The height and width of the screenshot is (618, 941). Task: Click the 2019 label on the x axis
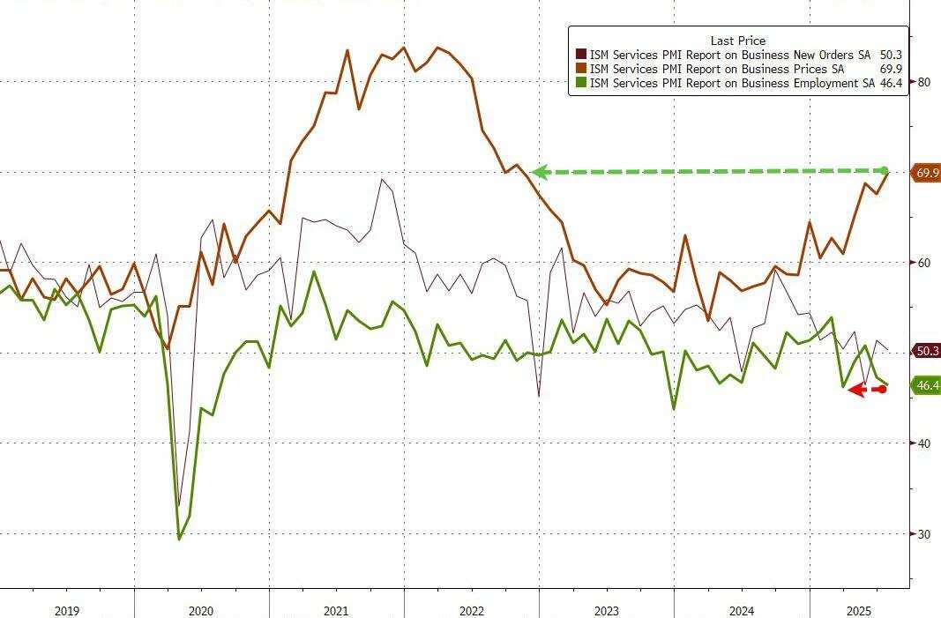tap(67, 610)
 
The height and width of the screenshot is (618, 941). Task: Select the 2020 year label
tap(201, 610)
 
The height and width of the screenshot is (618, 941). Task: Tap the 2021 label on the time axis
tap(336, 610)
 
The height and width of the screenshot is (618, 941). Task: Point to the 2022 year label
tap(471, 610)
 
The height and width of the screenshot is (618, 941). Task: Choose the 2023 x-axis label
tap(606, 610)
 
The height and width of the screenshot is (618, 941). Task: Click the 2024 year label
tap(741, 610)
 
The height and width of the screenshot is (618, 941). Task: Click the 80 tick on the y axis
tap(924, 82)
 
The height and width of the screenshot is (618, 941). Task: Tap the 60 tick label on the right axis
tap(924, 263)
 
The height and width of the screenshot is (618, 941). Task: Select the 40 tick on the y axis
tap(924, 443)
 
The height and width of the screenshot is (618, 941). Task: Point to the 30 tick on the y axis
tap(924, 533)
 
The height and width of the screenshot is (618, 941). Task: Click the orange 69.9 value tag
tap(927, 173)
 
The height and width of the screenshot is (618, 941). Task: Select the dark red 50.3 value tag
tap(927, 351)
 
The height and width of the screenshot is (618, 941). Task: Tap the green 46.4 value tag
tap(927, 385)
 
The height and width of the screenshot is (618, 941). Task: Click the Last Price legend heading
tap(737, 41)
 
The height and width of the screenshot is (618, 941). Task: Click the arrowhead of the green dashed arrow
tap(539, 173)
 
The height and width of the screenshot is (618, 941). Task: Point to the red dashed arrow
tap(866, 390)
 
